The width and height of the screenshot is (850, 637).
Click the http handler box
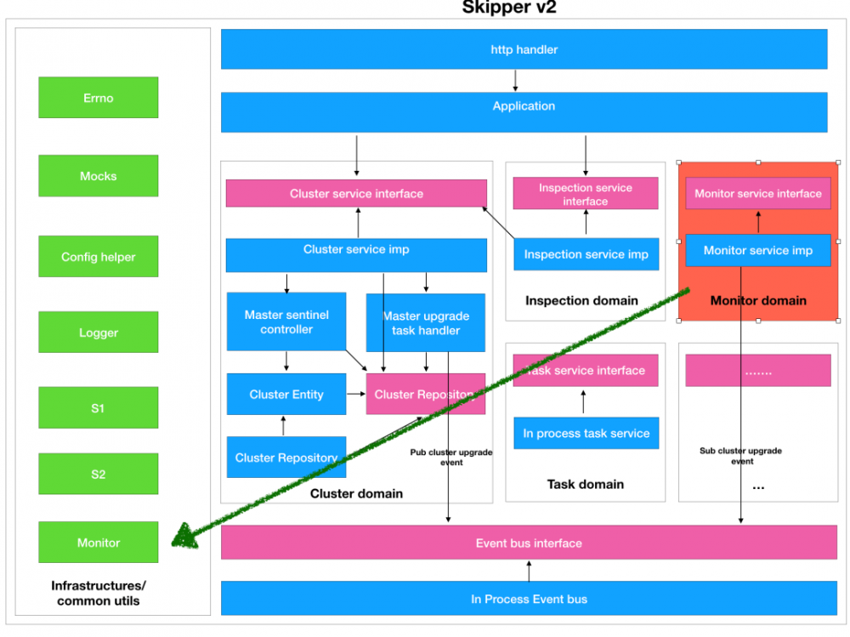point(524,49)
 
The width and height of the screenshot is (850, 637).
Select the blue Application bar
point(524,111)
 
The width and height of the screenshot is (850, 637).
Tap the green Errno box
point(99,98)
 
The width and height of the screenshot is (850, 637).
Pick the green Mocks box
point(99,176)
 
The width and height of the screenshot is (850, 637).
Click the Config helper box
point(99,257)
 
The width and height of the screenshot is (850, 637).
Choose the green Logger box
point(99,333)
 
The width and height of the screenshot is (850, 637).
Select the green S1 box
point(99,408)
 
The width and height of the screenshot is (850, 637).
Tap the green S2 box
point(99,474)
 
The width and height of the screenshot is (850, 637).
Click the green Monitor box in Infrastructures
point(99,543)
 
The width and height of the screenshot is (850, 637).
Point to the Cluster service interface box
point(356,193)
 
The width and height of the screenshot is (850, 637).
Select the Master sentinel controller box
point(286,321)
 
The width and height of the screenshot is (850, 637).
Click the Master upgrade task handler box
point(426,322)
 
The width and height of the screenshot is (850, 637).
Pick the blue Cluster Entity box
point(286,395)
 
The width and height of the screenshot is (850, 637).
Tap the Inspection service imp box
point(586,254)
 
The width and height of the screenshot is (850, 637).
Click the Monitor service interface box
point(758,193)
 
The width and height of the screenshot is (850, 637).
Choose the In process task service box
point(586,433)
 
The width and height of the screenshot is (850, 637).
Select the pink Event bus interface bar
point(529,543)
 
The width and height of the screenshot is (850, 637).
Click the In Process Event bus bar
point(529,599)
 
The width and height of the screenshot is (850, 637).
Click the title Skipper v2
point(509,9)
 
